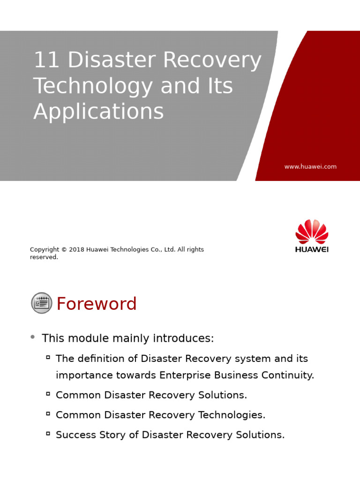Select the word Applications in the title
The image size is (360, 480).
(x=98, y=112)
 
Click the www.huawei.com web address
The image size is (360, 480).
(x=310, y=166)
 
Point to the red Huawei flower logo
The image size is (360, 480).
(x=312, y=232)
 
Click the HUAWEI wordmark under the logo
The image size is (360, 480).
(x=312, y=249)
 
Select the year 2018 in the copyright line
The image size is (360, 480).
(x=77, y=250)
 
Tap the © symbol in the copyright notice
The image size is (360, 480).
(x=64, y=250)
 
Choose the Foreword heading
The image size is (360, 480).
(x=97, y=304)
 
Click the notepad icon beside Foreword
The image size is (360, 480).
(x=42, y=303)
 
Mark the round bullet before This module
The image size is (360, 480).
(x=32, y=337)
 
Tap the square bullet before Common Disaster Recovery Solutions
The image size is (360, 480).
(x=48, y=394)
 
